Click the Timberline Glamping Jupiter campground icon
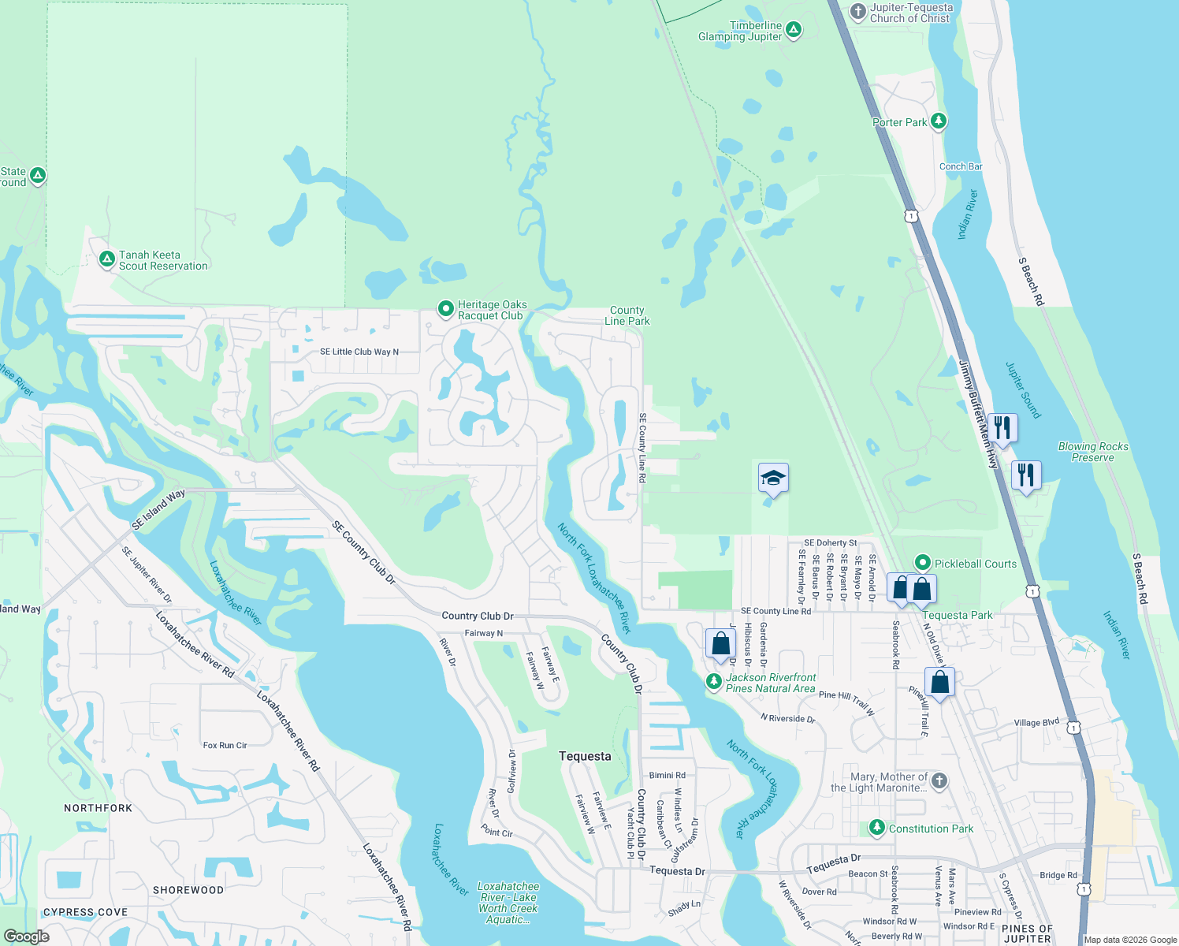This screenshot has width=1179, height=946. point(794,31)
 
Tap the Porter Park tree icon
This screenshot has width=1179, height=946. point(938,121)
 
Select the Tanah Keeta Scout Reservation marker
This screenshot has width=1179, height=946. point(107,259)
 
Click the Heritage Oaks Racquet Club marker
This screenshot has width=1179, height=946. point(445,308)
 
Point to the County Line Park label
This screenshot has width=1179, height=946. point(627,316)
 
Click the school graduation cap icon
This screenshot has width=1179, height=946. point(773,478)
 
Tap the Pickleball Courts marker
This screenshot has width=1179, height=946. point(923,563)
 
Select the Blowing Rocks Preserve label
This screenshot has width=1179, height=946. point(1093,452)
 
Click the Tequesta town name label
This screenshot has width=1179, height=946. point(585,756)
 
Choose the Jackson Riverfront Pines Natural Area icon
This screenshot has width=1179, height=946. point(714,681)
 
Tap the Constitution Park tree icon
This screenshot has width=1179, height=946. point(877,828)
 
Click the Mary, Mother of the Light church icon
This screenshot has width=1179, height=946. point(939,780)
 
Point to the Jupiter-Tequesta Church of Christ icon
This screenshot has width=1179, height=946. point(858,11)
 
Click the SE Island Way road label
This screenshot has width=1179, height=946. point(158,509)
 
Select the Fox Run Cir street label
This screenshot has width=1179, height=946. point(225,745)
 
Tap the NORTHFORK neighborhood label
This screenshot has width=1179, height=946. point(99,808)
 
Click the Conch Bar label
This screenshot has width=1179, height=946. point(961,166)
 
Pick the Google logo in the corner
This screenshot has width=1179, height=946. point(27,937)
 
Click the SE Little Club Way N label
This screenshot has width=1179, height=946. point(359,352)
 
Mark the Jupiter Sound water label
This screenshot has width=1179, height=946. point(1023,390)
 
